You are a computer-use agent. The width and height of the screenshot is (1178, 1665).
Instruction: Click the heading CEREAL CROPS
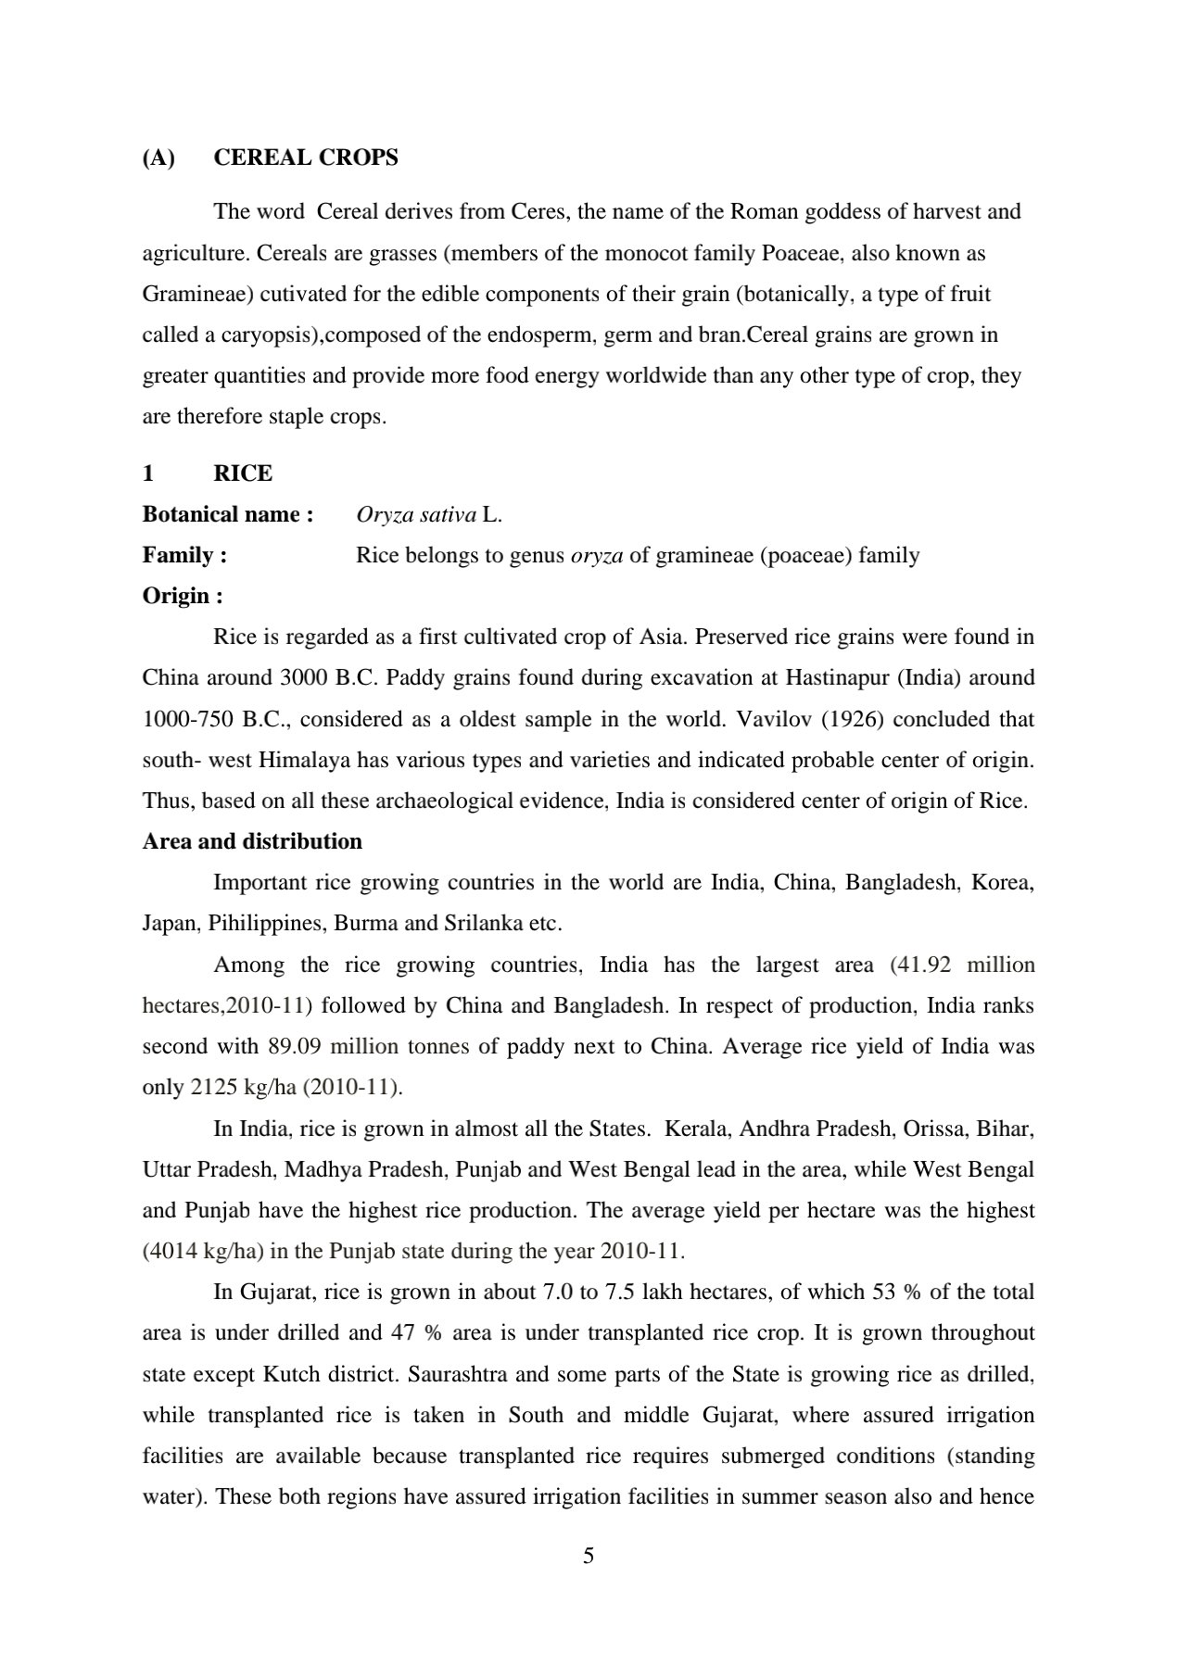pyautogui.click(x=306, y=158)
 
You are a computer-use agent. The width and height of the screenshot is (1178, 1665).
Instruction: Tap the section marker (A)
pyautogui.click(x=158, y=158)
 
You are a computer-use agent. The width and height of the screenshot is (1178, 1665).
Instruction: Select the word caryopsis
pyautogui.click(x=272, y=334)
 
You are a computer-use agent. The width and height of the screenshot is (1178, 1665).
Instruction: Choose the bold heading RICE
pyautogui.click(x=243, y=473)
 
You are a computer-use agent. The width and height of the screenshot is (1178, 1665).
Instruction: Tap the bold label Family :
pyautogui.click(x=185, y=555)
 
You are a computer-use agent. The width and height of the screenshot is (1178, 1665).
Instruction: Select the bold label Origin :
pyautogui.click(x=183, y=596)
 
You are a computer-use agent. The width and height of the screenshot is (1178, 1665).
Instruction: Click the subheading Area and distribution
pyautogui.click(x=252, y=841)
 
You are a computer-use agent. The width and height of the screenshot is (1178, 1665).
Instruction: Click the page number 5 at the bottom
pyautogui.click(x=589, y=1556)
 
